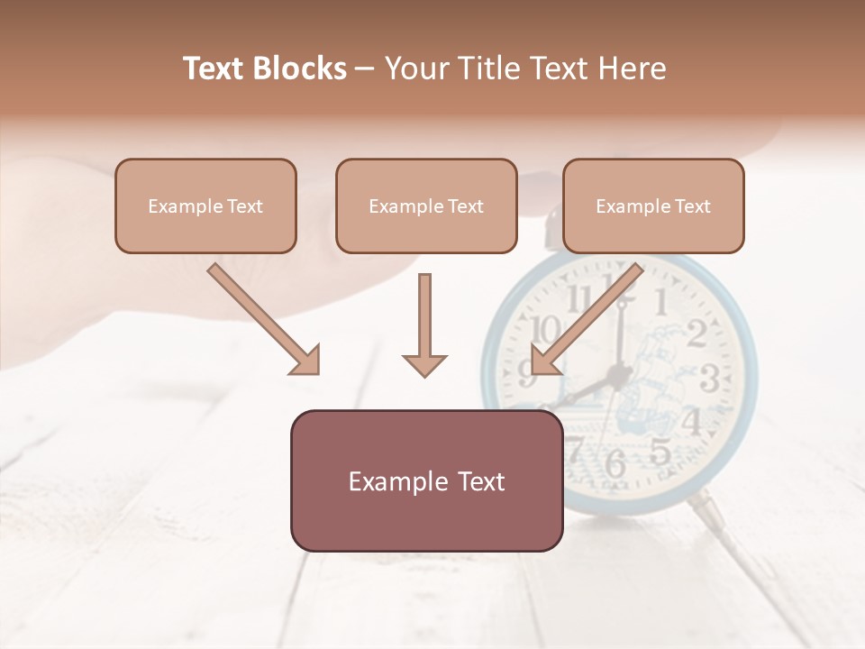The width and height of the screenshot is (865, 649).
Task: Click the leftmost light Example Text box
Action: click(205, 206)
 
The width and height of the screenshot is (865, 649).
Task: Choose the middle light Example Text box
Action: click(426, 206)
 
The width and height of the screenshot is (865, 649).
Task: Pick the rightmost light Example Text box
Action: click(653, 206)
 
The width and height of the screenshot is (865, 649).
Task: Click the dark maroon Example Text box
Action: click(426, 481)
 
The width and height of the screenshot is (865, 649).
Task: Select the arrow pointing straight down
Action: click(424, 324)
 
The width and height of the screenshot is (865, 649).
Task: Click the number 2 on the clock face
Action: click(697, 334)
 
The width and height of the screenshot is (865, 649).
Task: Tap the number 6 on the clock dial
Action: click(615, 463)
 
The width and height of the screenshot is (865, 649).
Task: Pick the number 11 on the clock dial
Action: click(579, 298)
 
